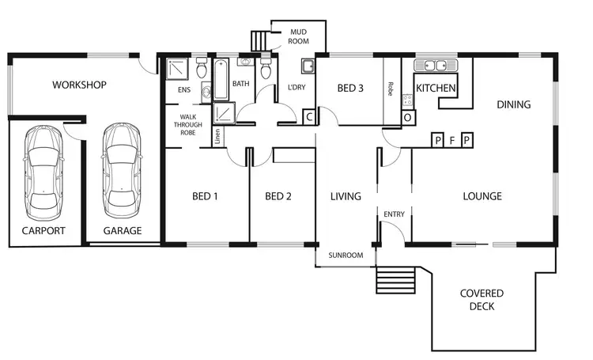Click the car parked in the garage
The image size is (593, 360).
(121, 169)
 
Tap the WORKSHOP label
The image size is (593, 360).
(79, 85)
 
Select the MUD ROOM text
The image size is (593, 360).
(297, 36)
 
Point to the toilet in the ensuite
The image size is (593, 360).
(202, 72)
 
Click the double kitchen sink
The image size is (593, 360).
(435, 66)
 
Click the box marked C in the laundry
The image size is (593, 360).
(309, 117)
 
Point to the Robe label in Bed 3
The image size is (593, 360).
(391, 88)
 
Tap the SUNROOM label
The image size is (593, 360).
(346, 256)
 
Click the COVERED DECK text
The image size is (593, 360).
(482, 299)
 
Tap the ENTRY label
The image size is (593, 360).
(393, 214)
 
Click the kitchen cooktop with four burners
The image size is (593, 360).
(408, 100)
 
